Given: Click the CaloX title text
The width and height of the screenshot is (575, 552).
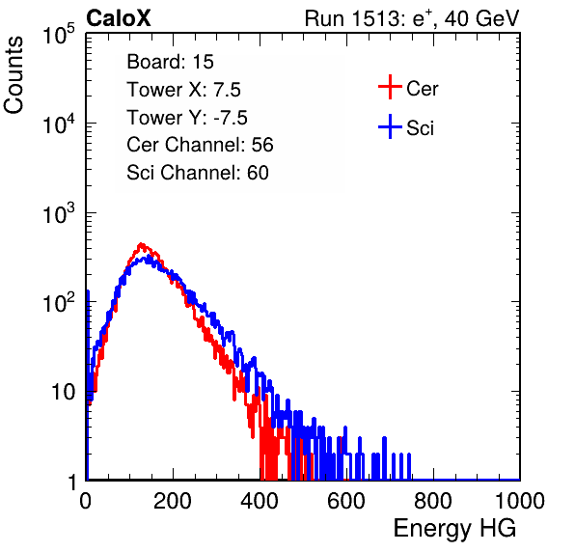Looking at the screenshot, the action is [x=119, y=18].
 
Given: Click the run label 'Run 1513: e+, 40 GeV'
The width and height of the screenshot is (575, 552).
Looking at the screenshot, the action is [x=412, y=18].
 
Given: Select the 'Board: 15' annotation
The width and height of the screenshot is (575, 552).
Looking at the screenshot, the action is [x=170, y=62].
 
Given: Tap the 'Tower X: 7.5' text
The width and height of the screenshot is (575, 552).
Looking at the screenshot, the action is [x=183, y=90].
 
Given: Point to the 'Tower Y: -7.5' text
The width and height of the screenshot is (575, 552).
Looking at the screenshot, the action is [x=187, y=118].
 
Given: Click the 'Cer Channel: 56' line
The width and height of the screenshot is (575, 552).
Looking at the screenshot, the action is [x=201, y=145].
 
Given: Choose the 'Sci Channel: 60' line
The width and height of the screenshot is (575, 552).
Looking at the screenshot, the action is [x=198, y=173].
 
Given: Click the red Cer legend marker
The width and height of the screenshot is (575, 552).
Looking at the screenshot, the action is [x=390, y=87].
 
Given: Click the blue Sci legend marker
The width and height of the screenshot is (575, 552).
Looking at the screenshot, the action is [x=390, y=127].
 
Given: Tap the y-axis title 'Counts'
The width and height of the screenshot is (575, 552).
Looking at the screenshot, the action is [x=14, y=75].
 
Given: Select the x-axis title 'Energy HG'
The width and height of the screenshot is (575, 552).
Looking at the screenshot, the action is [x=454, y=529].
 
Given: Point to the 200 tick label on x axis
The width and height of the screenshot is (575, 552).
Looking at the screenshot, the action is [x=173, y=501].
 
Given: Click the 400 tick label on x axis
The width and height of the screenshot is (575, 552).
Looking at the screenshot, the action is [x=260, y=501].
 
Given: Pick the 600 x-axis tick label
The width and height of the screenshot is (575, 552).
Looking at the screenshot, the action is [x=346, y=501].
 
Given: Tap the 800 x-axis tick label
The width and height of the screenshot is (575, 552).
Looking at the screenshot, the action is [x=433, y=501].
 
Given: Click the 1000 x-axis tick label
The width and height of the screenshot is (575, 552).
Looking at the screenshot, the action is [x=520, y=501].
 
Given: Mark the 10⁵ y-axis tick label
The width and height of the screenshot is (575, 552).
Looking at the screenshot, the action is [x=59, y=34].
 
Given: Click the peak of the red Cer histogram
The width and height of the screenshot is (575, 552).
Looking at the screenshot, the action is [x=141, y=244].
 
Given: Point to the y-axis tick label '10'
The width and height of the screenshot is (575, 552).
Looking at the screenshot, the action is [x=64, y=392].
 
